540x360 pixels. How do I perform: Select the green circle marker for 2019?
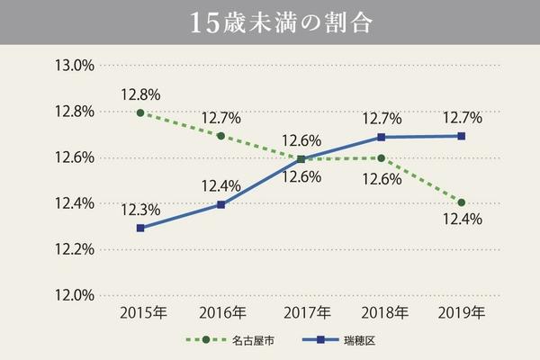click(x=461, y=202)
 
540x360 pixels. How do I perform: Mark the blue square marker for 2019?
click(x=461, y=136)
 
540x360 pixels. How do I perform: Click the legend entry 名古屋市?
click(x=237, y=340)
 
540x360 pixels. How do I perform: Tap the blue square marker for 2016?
click(x=220, y=204)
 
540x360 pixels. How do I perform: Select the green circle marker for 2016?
click(x=220, y=135)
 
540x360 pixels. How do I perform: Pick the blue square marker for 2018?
click(x=381, y=137)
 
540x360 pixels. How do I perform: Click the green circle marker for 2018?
click(x=381, y=158)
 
